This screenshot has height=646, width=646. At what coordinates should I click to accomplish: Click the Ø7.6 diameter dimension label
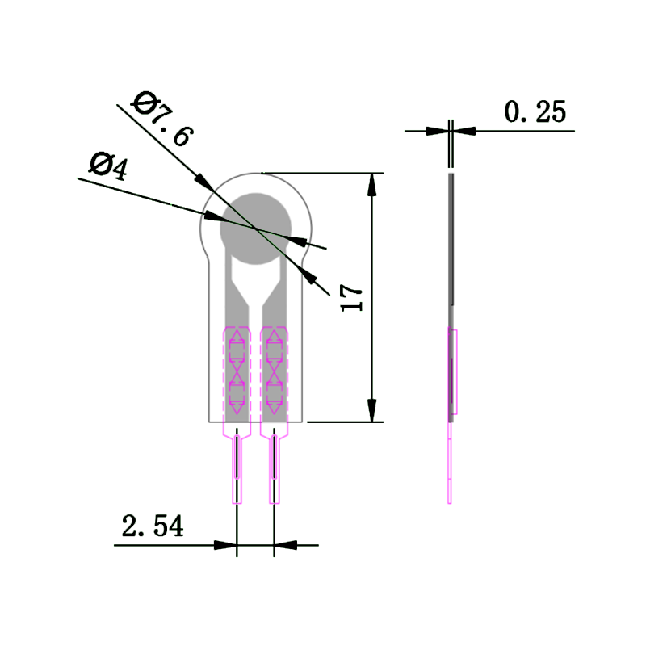[x=163, y=120]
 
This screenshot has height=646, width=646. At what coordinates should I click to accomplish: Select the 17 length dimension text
[x=354, y=297]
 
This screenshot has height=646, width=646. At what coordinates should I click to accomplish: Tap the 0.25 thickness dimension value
[x=535, y=111]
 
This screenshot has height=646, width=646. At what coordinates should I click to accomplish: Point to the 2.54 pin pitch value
[x=153, y=526]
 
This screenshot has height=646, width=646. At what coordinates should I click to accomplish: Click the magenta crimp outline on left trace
[x=237, y=371]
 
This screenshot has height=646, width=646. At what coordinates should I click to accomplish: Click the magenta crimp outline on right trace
[x=275, y=371]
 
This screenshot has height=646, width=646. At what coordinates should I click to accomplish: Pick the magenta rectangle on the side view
[x=455, y=371]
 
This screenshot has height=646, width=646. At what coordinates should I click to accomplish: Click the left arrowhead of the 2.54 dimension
[x=226, y=545]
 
